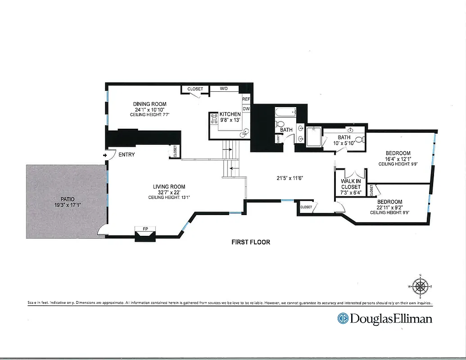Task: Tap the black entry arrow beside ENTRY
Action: coord(105,155)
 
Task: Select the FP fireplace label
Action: coord(145,229)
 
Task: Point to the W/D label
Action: coord(224,89)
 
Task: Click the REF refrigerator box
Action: coord(246,99)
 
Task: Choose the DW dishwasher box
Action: coord(246,108)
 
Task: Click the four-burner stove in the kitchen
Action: coord(213,118)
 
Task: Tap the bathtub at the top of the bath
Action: coord(285,112)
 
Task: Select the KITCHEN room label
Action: coord(230,114)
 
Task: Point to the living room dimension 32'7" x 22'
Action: coord(169,192)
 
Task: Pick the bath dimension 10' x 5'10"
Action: coord(344,143)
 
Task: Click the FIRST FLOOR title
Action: coord(251,242)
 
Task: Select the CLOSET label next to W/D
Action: coord(195,89)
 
